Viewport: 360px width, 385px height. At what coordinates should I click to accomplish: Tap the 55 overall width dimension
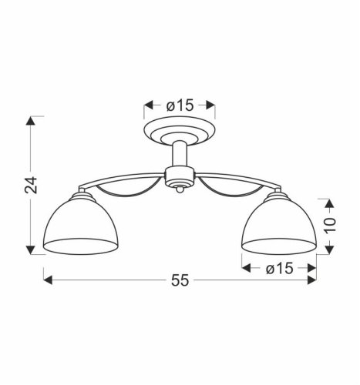coord(179,283)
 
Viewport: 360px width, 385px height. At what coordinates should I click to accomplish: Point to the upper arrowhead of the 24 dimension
coord(32,120)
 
